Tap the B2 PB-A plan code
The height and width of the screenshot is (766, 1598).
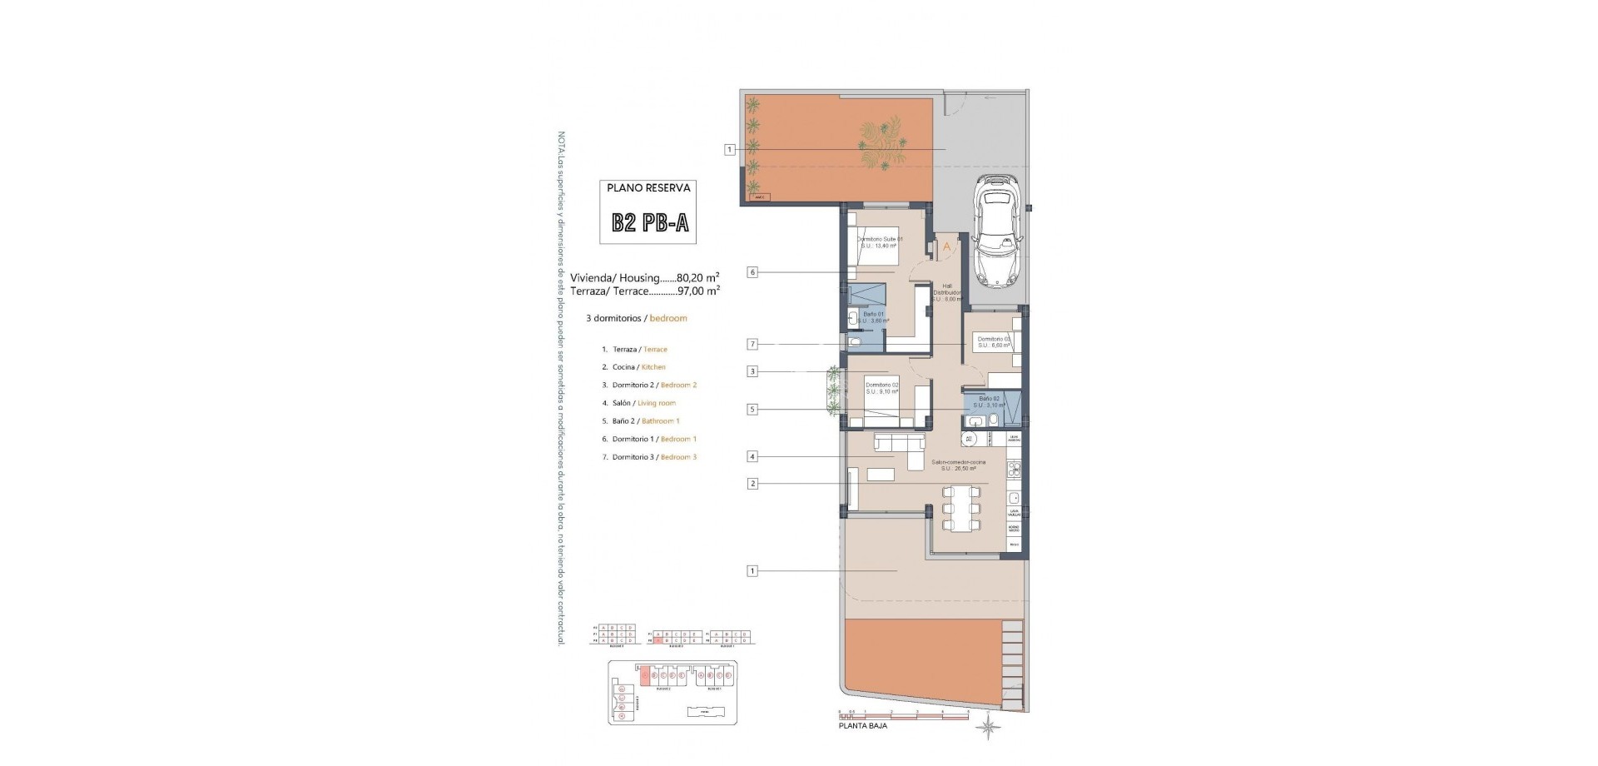649,222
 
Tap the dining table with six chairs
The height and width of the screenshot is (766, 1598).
960,509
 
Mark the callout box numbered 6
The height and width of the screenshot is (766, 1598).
752,272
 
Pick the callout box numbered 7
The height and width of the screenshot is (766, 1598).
752,344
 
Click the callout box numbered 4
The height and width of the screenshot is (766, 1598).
752,456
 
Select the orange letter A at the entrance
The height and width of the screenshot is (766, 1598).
946,247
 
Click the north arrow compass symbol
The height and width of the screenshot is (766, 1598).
988,728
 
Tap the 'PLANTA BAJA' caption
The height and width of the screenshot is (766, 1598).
862,726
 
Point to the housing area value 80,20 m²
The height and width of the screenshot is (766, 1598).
697,278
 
